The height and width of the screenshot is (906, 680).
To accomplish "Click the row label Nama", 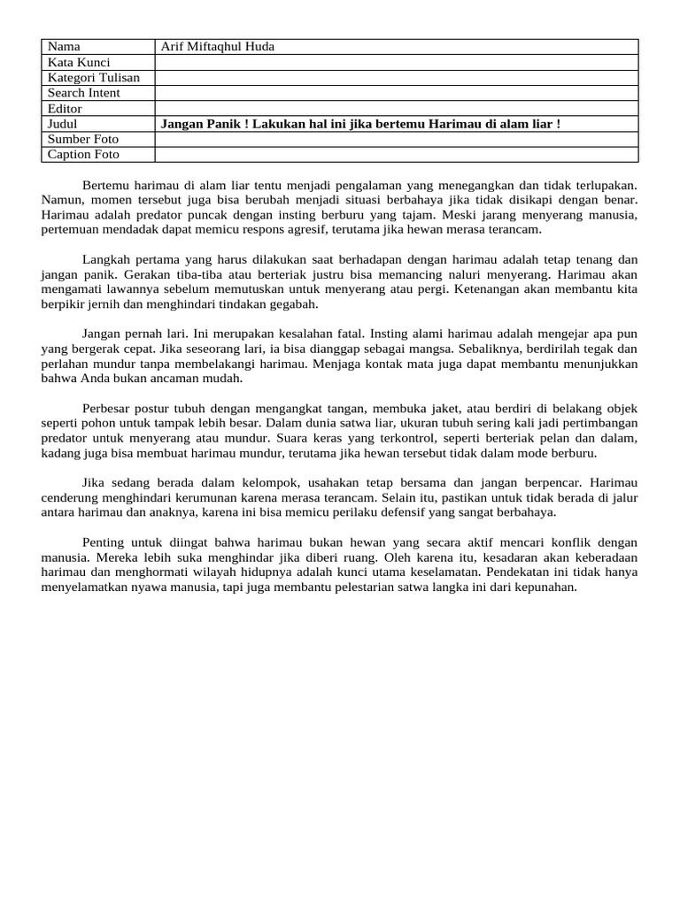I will [x=63, y=46].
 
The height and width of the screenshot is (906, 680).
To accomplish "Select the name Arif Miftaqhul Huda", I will [x=218, y=46].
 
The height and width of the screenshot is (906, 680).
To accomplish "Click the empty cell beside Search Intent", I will [x=396, y=93].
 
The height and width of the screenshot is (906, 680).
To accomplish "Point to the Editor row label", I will [x=65, y=109].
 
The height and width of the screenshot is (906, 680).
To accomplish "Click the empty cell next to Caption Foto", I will [x=396, y=155].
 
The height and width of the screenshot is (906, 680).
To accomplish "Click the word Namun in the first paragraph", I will [x=62, y=201].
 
